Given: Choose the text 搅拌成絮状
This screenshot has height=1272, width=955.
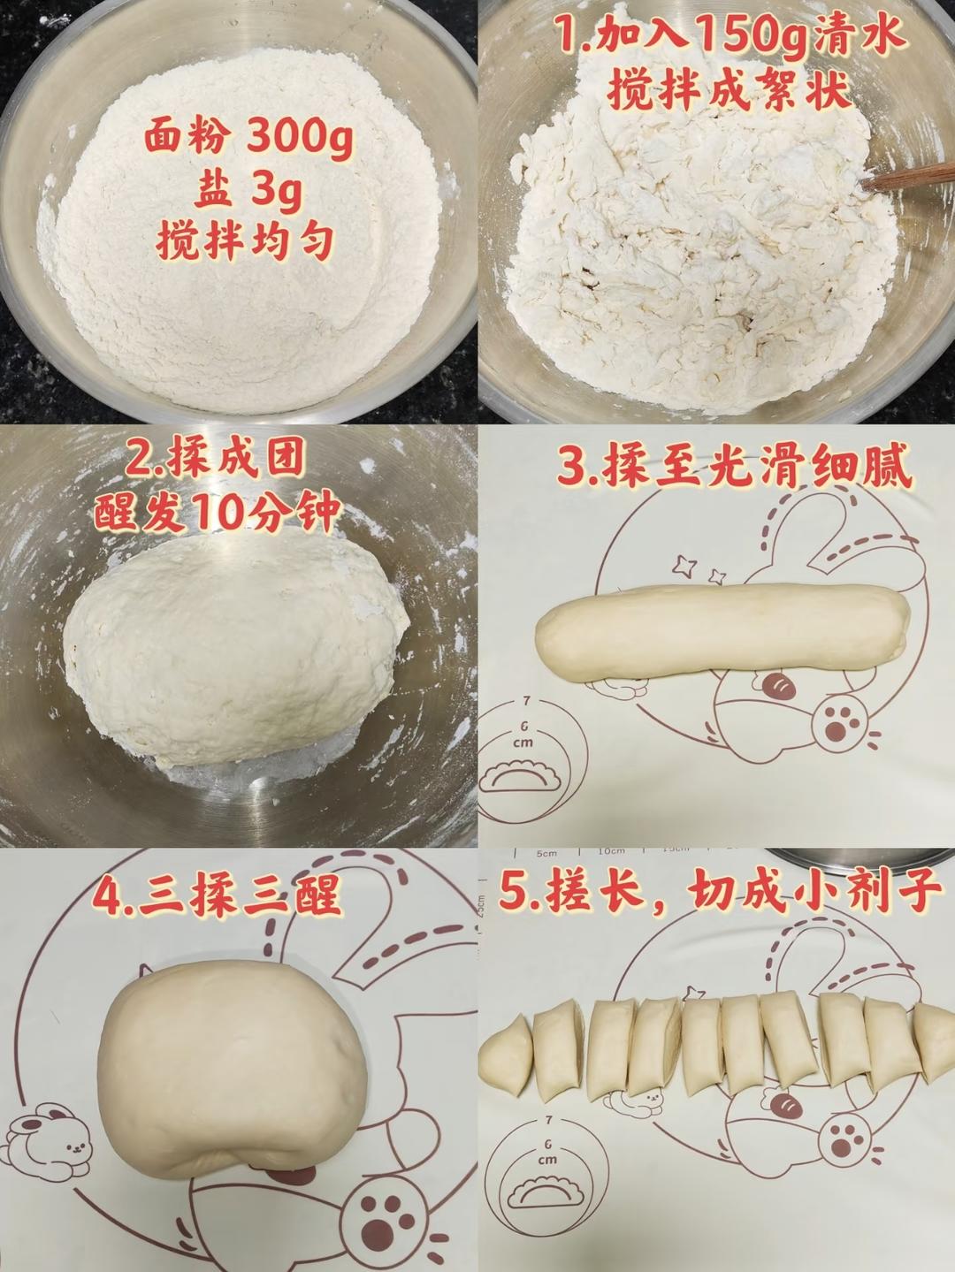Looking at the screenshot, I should [730, 91].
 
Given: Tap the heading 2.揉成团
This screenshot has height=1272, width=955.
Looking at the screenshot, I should [218, 461].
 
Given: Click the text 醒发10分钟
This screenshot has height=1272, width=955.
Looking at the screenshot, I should [218, 514].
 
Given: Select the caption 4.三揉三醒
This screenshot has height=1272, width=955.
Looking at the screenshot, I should [218, 896].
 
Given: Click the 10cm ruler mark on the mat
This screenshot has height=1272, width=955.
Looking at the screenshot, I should [610, 850].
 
